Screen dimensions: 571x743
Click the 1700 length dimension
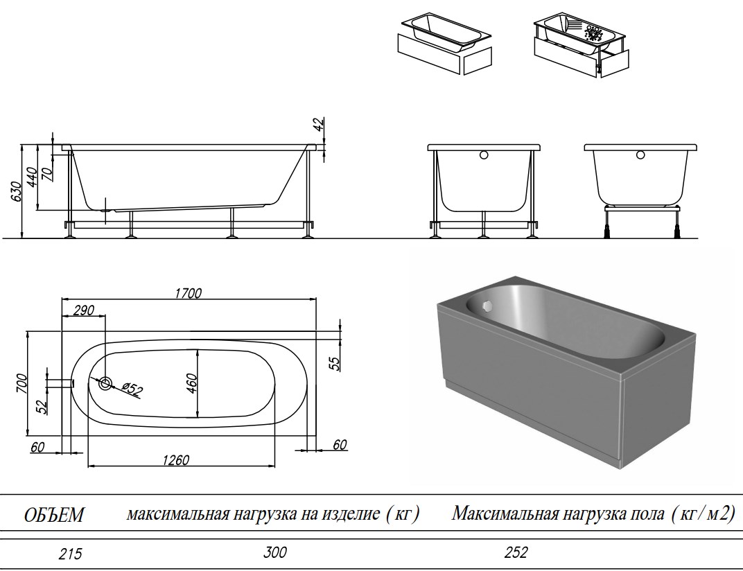pyautogui.click(x=187, y=293)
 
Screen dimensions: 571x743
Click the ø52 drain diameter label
pyautogui.click(x=132, y=389)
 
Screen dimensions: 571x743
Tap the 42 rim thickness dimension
pyautogui.click(x=317, y=125)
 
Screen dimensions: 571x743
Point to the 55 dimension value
pyautogui.click(x=335, y=363)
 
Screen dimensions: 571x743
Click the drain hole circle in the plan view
pyautogui.click(x=106, y=383)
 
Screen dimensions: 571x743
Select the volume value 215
pyautogui.click(x=69, y=554)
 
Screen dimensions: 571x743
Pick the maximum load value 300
pyautogui.click(x=274, y=552)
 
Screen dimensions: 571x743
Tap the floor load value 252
pyautogui.click(x=516, y=552)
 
